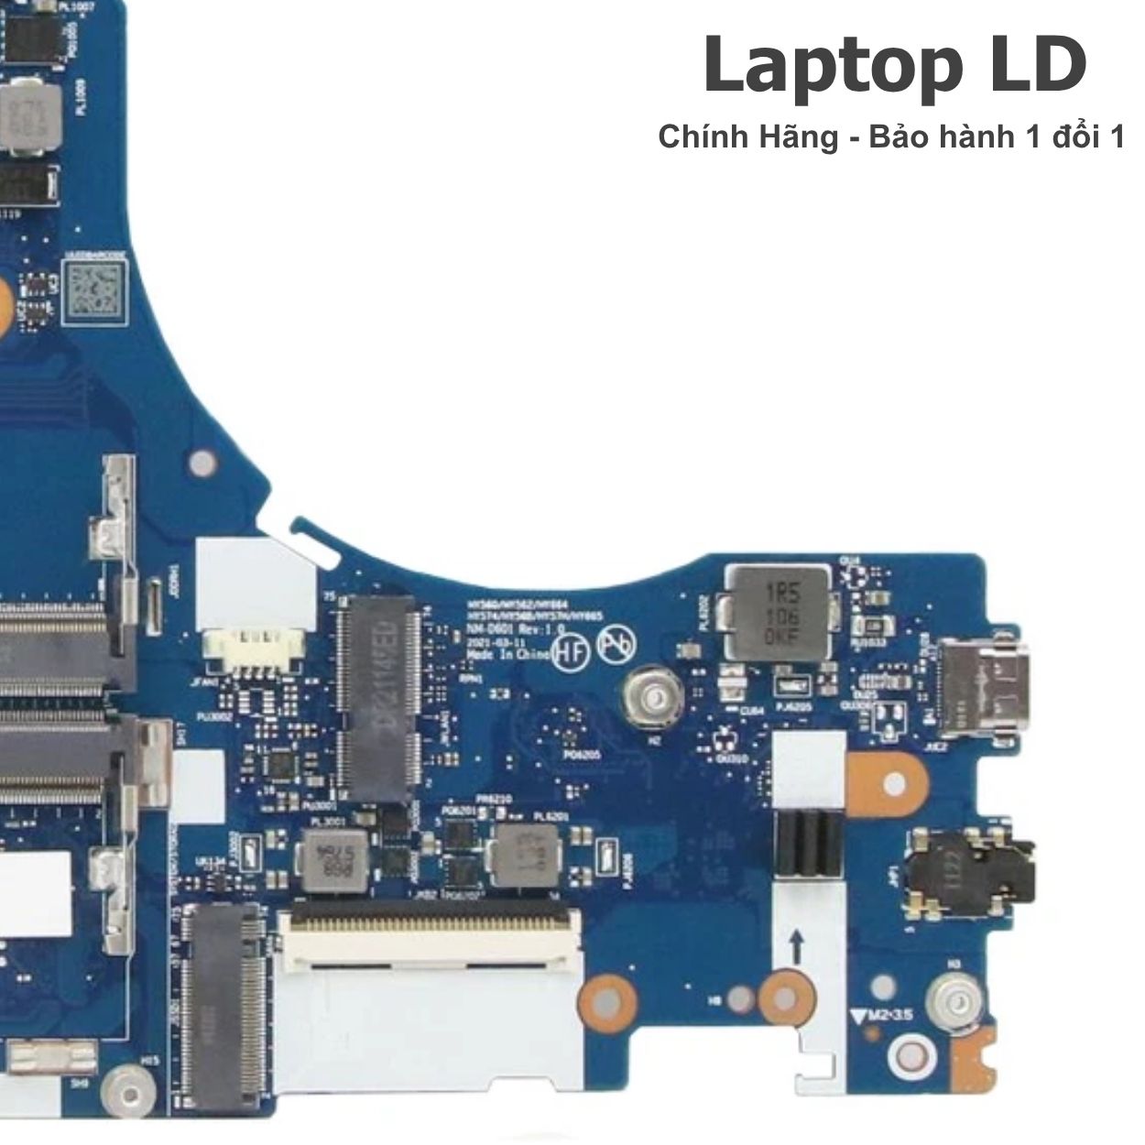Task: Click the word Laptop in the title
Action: click(x=828, y=66)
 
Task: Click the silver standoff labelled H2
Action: click(x=651, y=699)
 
